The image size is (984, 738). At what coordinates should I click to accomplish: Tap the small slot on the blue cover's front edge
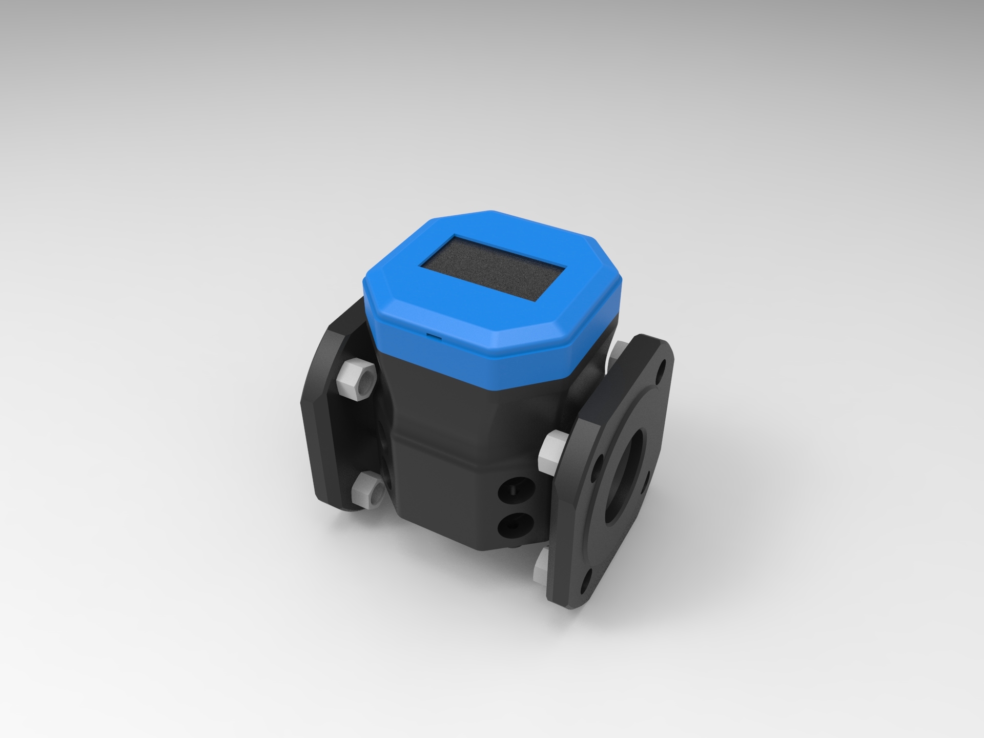coord(435,336)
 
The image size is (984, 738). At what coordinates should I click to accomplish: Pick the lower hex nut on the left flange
coord(365,491)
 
